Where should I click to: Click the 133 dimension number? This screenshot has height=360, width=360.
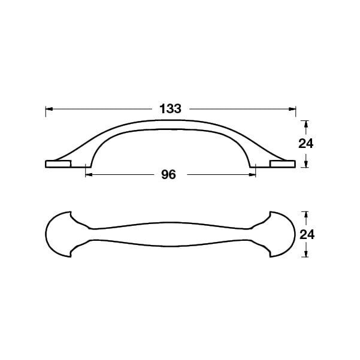(x=170, y=108)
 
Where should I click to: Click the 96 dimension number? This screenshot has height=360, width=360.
(x=168, y=175)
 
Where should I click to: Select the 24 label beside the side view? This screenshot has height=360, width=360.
(x=305, y=144)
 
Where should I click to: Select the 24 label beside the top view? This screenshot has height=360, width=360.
(x=307, y=235)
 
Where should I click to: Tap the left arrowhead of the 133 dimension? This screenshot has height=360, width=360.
(x=49, y=109)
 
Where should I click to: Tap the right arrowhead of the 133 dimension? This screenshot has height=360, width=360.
(x=292, y=109)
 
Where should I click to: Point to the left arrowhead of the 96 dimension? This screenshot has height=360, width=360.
(x=89, y=175)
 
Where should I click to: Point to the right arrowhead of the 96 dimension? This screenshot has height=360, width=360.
(x=252, y=175)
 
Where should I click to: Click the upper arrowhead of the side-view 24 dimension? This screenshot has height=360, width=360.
(x=305, y=124)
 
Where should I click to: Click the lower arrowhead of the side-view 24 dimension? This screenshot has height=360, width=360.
(x=305, y=164)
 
